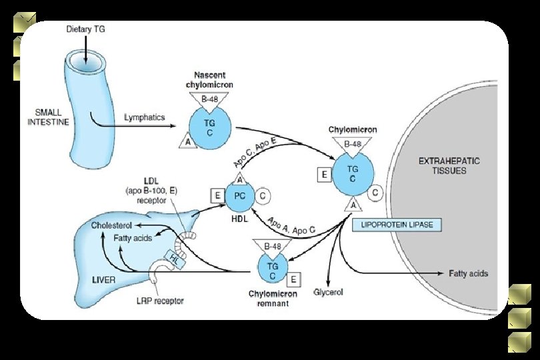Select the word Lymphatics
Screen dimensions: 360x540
(x=144, y=117)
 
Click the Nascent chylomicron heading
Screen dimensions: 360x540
(x=213, y=80)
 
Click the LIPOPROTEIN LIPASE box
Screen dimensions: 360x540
(x=396, y=225)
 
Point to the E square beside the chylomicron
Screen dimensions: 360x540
(x=324, y=175)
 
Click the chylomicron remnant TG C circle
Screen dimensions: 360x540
(x=272, y=269)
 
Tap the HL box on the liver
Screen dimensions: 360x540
(x=175, y=258)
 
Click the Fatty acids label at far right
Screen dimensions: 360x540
(x=468, y=273)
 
